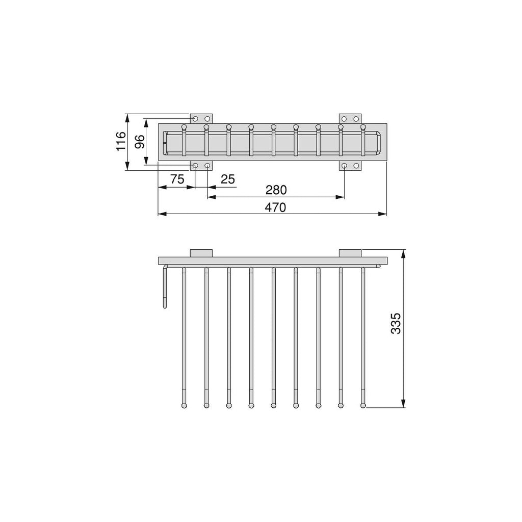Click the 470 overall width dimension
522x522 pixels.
click(x=275, y=207)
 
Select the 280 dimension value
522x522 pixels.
click(x=276, y=190)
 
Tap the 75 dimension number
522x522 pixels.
click(x=177, y=179)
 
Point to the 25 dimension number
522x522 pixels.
click(x=228, y=179)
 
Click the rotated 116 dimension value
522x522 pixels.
click(x=121, y=141)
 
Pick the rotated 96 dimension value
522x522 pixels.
click(x=140, y=142)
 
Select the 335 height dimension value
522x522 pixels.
click(x=396, y=323)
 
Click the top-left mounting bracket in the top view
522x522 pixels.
click(x=201, y=119)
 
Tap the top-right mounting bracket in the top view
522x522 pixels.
click(x=350, y=119)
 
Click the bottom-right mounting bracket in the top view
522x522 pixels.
click(x=350, y=166)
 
